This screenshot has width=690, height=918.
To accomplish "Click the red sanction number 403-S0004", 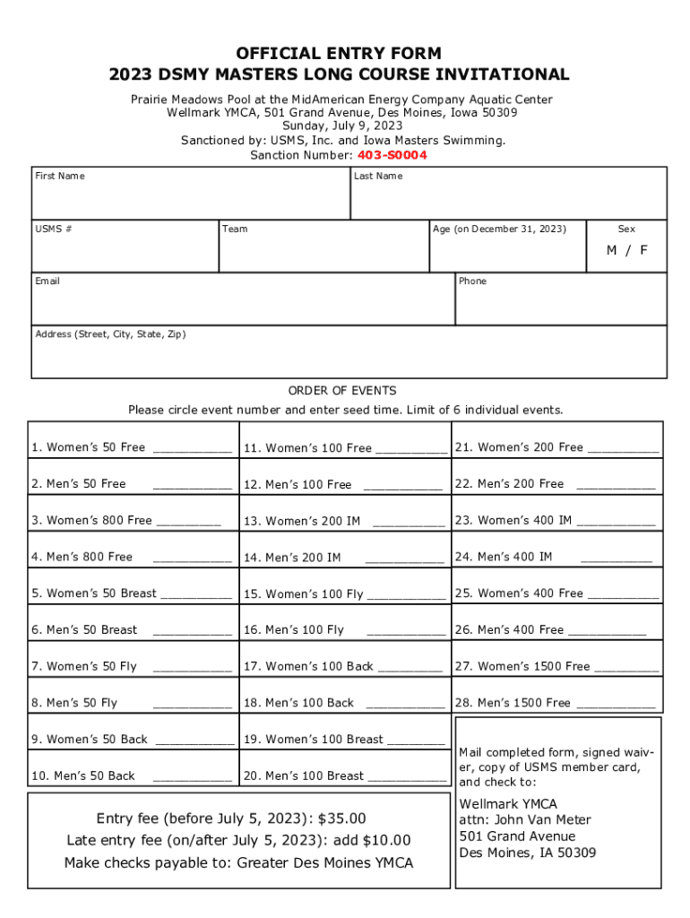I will click(392, 155).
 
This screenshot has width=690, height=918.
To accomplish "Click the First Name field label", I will click(60, 176).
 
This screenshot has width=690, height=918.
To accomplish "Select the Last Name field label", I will click(378, 176).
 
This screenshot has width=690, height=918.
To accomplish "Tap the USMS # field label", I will click(54, 229).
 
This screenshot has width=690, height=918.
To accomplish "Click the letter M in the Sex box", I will click(611, 250).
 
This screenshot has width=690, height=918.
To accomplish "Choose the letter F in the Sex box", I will click(643, 250).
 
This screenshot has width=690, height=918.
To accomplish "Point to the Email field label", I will click(47, 281).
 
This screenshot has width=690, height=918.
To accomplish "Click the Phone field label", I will click(472, 281).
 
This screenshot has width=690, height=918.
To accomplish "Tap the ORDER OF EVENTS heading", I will click(341, 391).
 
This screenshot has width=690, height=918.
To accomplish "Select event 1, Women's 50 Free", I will click(88, 447).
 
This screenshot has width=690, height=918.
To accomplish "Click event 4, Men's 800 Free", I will click(82, 557).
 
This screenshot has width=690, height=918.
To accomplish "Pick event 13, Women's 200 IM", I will click(302, 521).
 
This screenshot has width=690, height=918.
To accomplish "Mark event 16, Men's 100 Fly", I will click(294, 630).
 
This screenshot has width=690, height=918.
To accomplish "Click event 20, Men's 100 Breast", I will click(304, 775).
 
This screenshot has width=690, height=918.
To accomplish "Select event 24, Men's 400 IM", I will click(504, 557).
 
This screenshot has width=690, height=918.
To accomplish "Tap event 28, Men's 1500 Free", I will click(513, 703).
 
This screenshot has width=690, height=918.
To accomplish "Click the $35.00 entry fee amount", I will click(341, 818).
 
